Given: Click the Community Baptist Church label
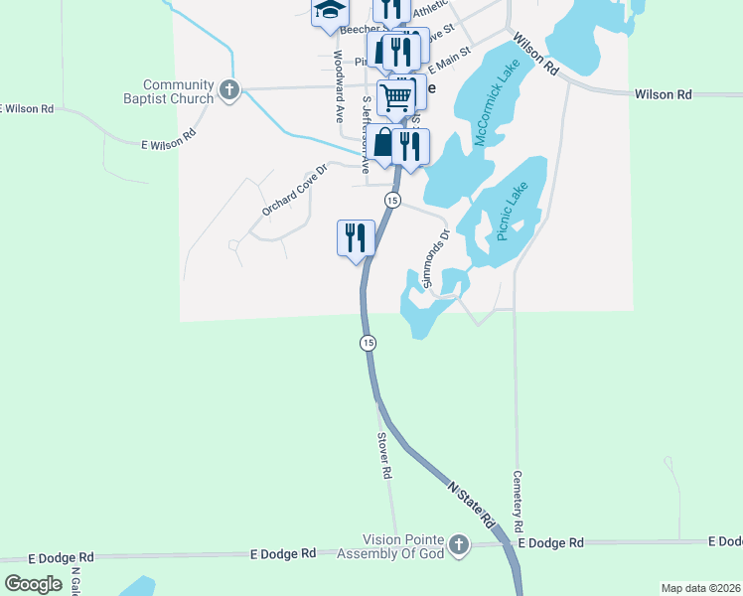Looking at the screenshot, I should [178, 91].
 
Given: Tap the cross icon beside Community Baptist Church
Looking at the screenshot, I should [229, 91].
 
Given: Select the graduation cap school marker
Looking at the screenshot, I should [330, 13].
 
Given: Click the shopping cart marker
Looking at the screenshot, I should [396, 96].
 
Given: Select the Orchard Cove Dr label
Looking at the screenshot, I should [294, 190].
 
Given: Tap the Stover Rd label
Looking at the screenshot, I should [383, 455].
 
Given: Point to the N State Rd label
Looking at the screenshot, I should [471, 505].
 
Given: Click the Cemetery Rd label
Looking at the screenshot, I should [518, 500].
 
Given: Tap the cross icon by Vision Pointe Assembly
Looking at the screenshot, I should [458, 544].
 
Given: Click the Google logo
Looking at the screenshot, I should [33, 583].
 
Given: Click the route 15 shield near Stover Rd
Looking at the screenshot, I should [368, 343].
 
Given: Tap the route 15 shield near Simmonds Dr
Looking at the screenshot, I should [392, 201].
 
